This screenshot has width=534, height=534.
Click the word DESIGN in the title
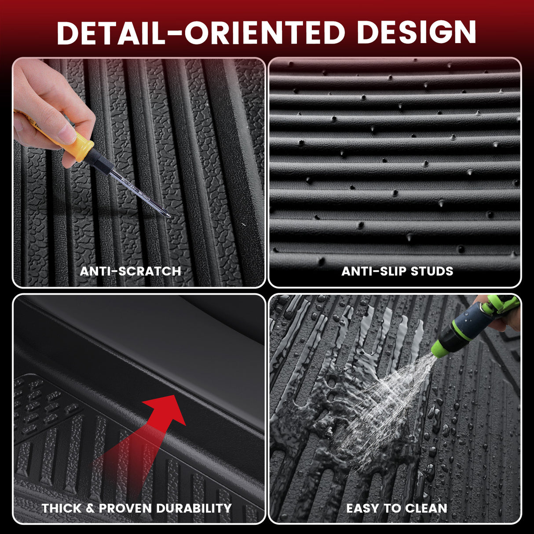(417, 33)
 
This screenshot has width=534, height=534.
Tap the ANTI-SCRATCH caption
(131, 271)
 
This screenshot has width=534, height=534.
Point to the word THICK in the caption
(62, 508)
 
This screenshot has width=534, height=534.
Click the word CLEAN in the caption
(426, 508)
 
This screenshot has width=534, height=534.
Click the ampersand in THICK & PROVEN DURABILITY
(90, 508)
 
